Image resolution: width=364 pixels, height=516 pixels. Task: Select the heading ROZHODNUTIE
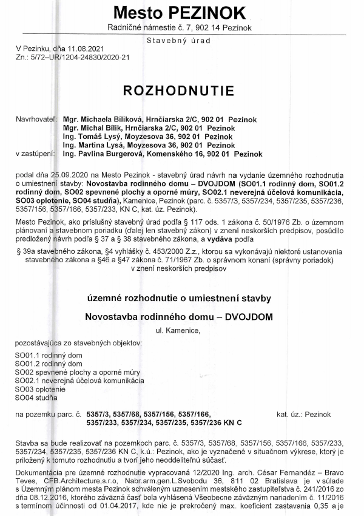tap(178, 91)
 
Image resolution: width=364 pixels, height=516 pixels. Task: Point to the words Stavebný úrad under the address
tap(178, 40)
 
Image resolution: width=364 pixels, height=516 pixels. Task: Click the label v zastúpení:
tap(36, 154)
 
